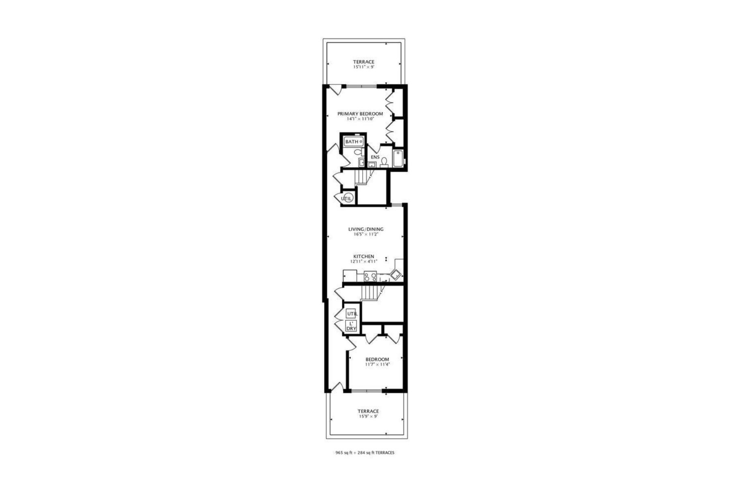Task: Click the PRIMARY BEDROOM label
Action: (360, 114)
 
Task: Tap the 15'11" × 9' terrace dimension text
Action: (363, 67)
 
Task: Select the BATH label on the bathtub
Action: (352, 142)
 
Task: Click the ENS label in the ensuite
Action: (375, 157)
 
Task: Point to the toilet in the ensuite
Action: (384, 163)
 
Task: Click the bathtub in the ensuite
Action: (398, 159)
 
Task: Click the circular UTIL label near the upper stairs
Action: (347, 198)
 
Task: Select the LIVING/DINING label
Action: (366, 229)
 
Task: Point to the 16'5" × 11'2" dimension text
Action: (366, 234)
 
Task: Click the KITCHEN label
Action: (364, 256)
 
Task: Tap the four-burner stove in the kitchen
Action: (370, 277)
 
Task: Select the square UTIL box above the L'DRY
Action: (352, 314)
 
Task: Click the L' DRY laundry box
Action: (351, 326)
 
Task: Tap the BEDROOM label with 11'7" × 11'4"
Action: (377, 359)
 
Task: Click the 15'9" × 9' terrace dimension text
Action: (368, 416)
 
